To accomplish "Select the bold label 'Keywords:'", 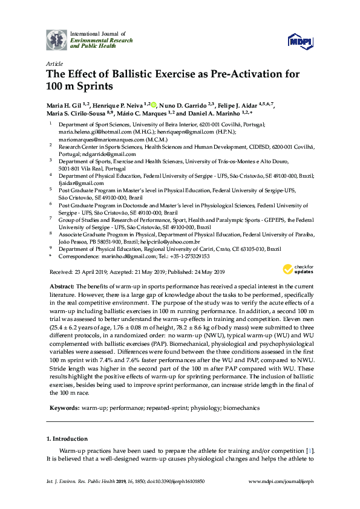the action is (63, 409).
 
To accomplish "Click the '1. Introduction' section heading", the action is (67, 438).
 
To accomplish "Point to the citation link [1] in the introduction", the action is (310, 451).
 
